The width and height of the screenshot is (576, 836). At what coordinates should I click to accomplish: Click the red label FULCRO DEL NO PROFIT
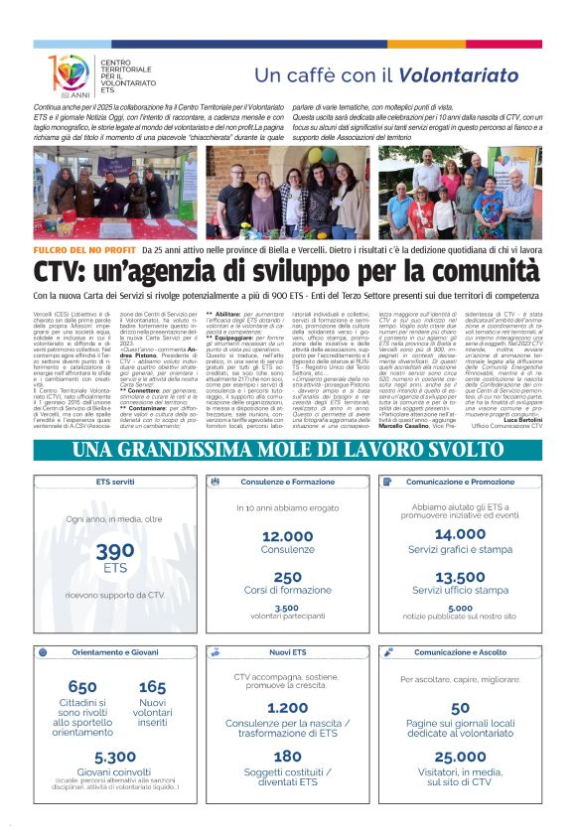tap(98, 252)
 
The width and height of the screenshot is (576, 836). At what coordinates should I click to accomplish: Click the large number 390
tap(115, 552)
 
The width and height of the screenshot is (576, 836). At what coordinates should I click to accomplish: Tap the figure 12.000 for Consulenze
tap(287, 536)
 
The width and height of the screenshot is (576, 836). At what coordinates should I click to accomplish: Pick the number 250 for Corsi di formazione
tap(287, 577)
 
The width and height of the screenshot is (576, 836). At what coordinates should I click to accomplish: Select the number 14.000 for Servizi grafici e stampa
tap(460, 534)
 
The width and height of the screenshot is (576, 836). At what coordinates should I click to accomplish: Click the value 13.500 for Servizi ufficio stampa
tap(460, 577)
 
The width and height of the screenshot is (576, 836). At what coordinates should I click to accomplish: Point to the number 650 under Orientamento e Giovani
tap(82, 687)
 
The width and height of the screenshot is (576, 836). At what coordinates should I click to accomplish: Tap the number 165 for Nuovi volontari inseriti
tap(152, 687)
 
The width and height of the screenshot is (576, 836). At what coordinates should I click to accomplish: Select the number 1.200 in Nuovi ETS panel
tap(287, 708)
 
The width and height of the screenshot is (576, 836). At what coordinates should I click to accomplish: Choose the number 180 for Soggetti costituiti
tap(287, 756)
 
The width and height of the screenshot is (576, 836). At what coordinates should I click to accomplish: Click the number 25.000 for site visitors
tap(460, 756)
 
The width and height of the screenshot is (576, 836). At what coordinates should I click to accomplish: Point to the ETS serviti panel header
tap(115, 482)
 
